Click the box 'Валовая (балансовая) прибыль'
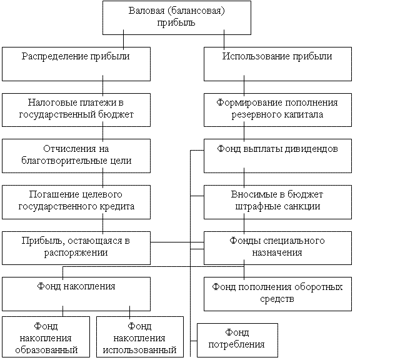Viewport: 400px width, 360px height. coord(177,17)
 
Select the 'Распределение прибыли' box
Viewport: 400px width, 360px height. coord(76,64)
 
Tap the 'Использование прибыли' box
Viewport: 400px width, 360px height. coord(277,64)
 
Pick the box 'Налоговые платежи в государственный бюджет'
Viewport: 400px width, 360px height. coord(76,110)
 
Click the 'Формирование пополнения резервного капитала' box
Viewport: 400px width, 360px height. coord(277,110)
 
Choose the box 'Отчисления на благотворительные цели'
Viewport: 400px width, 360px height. coord(76,156)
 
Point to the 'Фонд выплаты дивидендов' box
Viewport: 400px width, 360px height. coord(277,156)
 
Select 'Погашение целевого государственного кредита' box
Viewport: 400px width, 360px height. coord(76,202)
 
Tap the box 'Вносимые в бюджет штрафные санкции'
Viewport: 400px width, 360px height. coord(277,202)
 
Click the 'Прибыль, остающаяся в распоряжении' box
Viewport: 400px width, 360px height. coord(76,248)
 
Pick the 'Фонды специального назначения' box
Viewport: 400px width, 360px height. coord(277,248)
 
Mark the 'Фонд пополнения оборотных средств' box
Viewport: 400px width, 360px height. coord(277,294)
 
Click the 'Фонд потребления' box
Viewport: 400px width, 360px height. coord(237,340)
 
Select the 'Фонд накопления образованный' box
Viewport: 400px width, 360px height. coord(46,337)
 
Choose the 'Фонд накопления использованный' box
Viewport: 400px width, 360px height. coord(140,337)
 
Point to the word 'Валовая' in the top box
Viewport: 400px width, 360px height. coord(147,11)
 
